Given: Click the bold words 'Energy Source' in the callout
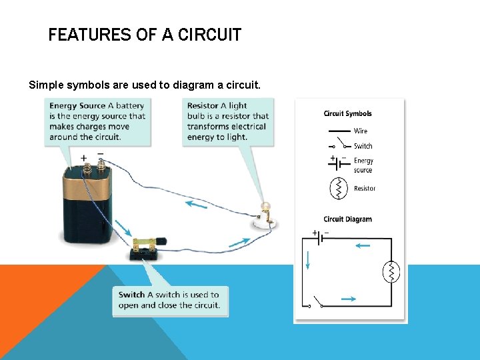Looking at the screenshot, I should coord(77,105).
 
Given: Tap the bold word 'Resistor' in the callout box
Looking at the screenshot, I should coord(203,105).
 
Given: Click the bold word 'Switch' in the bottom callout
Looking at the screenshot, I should coord(131,295).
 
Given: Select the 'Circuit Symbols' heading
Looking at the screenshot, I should coord(347,113).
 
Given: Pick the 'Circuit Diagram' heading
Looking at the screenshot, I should coord(347,219).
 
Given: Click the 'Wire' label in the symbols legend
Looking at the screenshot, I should coord(360,131).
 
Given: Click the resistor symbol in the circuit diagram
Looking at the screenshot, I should coord(391,272).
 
